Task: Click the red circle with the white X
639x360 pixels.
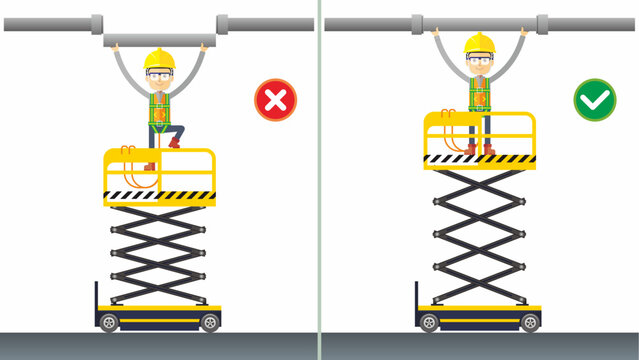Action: (275, 101)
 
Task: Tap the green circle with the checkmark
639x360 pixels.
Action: (594, 101)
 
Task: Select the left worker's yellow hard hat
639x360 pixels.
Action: (160, 60)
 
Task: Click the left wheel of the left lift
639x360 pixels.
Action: (108, 322)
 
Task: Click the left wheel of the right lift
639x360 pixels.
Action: (429, 322)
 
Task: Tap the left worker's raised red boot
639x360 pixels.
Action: (174, 143)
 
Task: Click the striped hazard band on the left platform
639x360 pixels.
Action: (160, 195)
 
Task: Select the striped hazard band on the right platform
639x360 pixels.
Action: (480, 158)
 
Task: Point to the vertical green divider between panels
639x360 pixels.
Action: (320, 180)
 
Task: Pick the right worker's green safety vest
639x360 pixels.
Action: (480, 93)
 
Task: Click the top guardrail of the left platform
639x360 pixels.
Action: (160, 151)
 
